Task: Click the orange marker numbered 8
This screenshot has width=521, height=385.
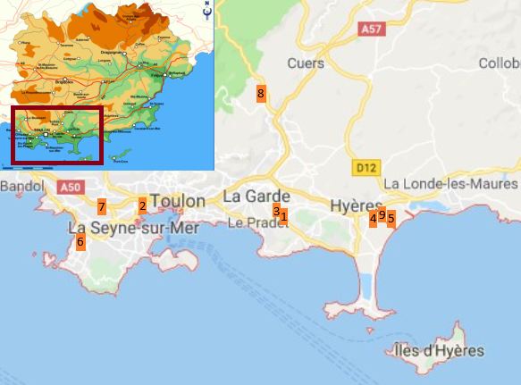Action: [x=261, y=93]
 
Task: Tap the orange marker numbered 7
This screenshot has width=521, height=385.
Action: [x=102, y=207]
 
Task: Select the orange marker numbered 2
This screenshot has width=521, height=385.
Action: [x=142, y=205]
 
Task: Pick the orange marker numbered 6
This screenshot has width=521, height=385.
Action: [x=80, y=241]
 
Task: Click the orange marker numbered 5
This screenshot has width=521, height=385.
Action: [x=391, y=218]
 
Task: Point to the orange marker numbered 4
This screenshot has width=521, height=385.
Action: [x=374, y=218]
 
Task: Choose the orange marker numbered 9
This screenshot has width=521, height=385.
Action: [x=382, y=214]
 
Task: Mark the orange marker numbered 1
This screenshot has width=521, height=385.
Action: [x=284, y=215]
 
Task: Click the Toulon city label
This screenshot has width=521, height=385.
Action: [x=179, y=201]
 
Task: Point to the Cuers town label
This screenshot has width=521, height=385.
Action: [x=307, y=63]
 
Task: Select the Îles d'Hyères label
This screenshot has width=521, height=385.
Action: [x=440, y=351]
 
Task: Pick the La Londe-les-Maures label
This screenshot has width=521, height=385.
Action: [x=450, y=183]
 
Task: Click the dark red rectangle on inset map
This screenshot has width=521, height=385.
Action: [x=55, y=135]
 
